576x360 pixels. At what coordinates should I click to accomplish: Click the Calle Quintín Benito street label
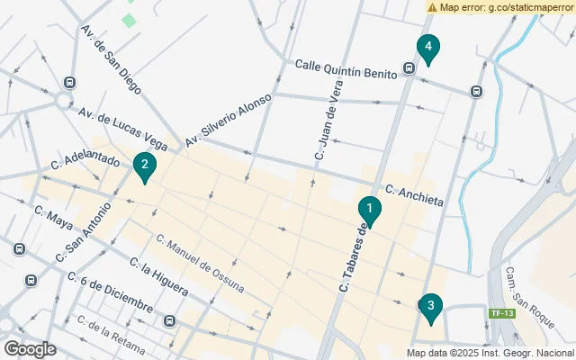coord(346,69)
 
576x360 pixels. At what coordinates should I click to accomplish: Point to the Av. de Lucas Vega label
coord(122,130)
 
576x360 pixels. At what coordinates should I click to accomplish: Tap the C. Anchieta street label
coord(414,195)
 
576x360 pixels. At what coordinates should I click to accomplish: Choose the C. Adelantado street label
coord(85,164)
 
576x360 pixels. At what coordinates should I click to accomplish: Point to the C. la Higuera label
coord(158,278)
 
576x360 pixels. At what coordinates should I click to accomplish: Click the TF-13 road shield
coord(500,313)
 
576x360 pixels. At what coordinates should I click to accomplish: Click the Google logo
coord(30,348)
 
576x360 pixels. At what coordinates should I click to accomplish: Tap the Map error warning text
coord(500,6)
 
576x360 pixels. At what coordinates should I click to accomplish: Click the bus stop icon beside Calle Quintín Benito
coord(409,67)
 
